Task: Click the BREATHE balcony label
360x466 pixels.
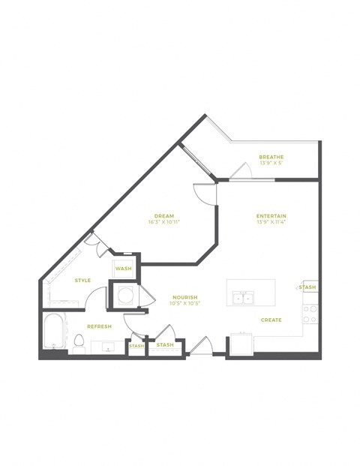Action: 271,157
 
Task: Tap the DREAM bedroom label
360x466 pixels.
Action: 163,216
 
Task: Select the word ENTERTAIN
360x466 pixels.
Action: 271,216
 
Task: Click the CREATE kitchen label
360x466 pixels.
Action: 271,320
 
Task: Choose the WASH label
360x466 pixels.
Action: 123,268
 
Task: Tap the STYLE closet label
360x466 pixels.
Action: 82,281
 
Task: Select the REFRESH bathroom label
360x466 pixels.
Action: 100,326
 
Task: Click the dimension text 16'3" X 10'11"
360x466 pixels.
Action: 164,223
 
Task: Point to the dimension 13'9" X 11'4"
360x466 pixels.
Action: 271,223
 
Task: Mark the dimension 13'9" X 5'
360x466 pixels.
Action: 271,164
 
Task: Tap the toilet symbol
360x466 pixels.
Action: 79,343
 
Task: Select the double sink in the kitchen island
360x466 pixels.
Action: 243,298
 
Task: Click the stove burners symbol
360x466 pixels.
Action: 310,314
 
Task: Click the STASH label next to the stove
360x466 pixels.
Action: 308,287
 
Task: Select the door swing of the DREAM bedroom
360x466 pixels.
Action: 204,193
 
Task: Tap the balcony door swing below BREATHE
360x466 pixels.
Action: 241,172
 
